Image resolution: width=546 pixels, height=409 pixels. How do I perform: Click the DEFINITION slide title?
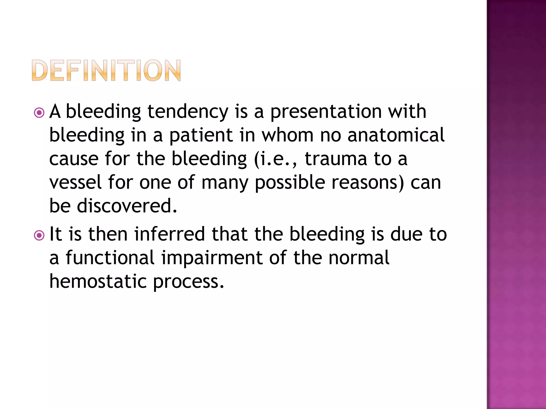[x=106, y=70]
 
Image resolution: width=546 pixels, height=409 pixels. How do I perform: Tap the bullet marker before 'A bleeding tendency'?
[x=39, y=113]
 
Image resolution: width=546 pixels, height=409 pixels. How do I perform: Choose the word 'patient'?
[x=201, y=135]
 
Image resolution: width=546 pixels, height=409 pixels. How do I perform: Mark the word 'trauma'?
[x=336, y=159]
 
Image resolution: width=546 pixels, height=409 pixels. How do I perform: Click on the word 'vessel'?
[x=75, y=182]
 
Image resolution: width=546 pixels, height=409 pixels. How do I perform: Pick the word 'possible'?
[x=290, y=183]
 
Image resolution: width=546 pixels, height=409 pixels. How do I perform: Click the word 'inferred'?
[x=170, y=234]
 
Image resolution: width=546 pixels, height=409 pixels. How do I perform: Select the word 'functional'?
[x=110, y=258]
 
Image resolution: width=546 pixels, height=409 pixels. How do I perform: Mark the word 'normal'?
[x=359, y=258]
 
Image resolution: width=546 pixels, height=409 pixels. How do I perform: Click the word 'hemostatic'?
[x=98, y=281]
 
